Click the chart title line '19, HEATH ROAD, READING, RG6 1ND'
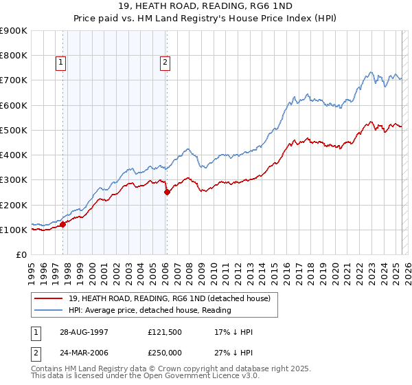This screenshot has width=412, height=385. [206, 6]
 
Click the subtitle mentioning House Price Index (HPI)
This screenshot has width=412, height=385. [206, 19]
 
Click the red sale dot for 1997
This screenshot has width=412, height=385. [62, 223]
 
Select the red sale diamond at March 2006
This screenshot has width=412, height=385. [167, 192]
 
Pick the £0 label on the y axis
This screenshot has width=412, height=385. [20, 255]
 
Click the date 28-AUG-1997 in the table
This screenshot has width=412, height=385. [84, 332]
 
